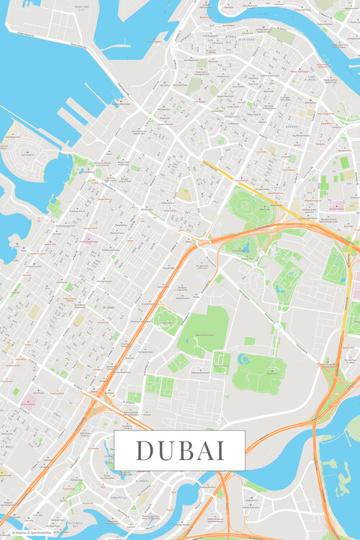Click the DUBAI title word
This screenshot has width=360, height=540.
coord(179,450)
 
